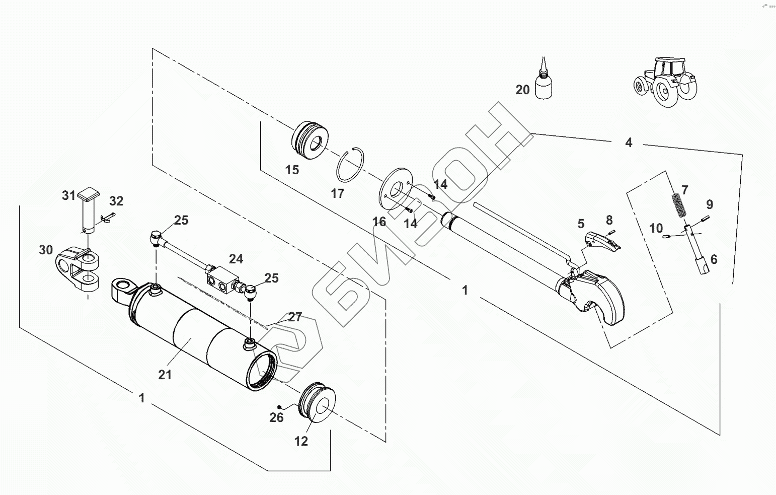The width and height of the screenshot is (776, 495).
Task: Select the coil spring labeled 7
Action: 679,205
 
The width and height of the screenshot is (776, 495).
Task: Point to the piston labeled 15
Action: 310,140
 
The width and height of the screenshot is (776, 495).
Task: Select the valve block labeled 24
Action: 223,280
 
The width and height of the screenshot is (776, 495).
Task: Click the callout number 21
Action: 165,375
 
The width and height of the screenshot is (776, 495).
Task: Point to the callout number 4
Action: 629,142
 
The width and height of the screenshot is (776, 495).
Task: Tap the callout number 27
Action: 295,317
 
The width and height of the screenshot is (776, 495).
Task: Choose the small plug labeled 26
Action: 279,406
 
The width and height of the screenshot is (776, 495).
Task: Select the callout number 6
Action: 714,259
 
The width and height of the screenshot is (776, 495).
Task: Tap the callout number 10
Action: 656,228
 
